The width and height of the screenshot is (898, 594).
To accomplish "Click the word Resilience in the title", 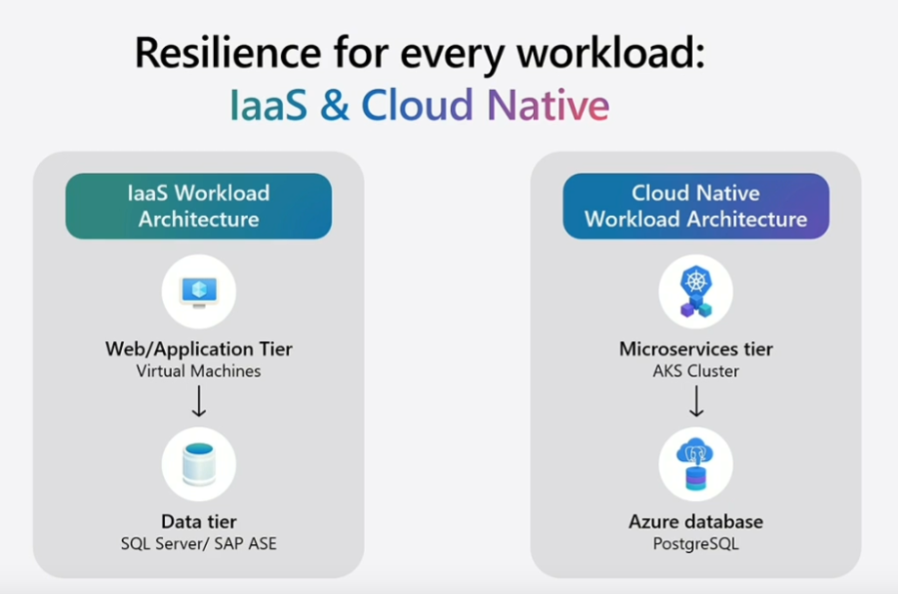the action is [228, 52].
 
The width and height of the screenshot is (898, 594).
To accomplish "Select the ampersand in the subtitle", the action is [335, 105].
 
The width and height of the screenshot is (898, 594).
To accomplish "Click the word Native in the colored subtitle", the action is [549, 105].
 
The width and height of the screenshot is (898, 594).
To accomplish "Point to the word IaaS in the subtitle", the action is [268, 105].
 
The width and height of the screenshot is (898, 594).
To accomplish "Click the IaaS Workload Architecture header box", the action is [199, 206].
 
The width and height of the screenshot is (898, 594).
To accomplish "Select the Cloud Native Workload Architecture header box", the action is [696, 206].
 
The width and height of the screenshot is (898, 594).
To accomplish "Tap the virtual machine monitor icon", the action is [199, 292].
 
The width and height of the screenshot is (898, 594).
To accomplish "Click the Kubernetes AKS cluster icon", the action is [696, 292].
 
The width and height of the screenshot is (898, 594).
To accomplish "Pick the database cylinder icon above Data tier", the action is [199, 464].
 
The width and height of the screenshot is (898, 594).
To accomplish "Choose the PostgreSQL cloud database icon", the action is [696, 464].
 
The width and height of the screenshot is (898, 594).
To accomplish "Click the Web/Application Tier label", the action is [199, 349].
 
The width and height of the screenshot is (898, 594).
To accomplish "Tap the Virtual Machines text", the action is [199, 371].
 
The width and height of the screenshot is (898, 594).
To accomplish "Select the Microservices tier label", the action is [696, 349].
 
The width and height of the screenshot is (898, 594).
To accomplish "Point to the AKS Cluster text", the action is [696, 371].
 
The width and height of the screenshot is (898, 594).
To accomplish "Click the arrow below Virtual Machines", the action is [199, 401].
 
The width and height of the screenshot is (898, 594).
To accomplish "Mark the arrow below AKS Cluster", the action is [696, 401].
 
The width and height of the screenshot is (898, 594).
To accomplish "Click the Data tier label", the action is [199, 522].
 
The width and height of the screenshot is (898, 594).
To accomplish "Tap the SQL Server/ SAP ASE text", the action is [199, 544].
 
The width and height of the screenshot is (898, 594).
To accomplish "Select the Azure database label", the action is [696, 522].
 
